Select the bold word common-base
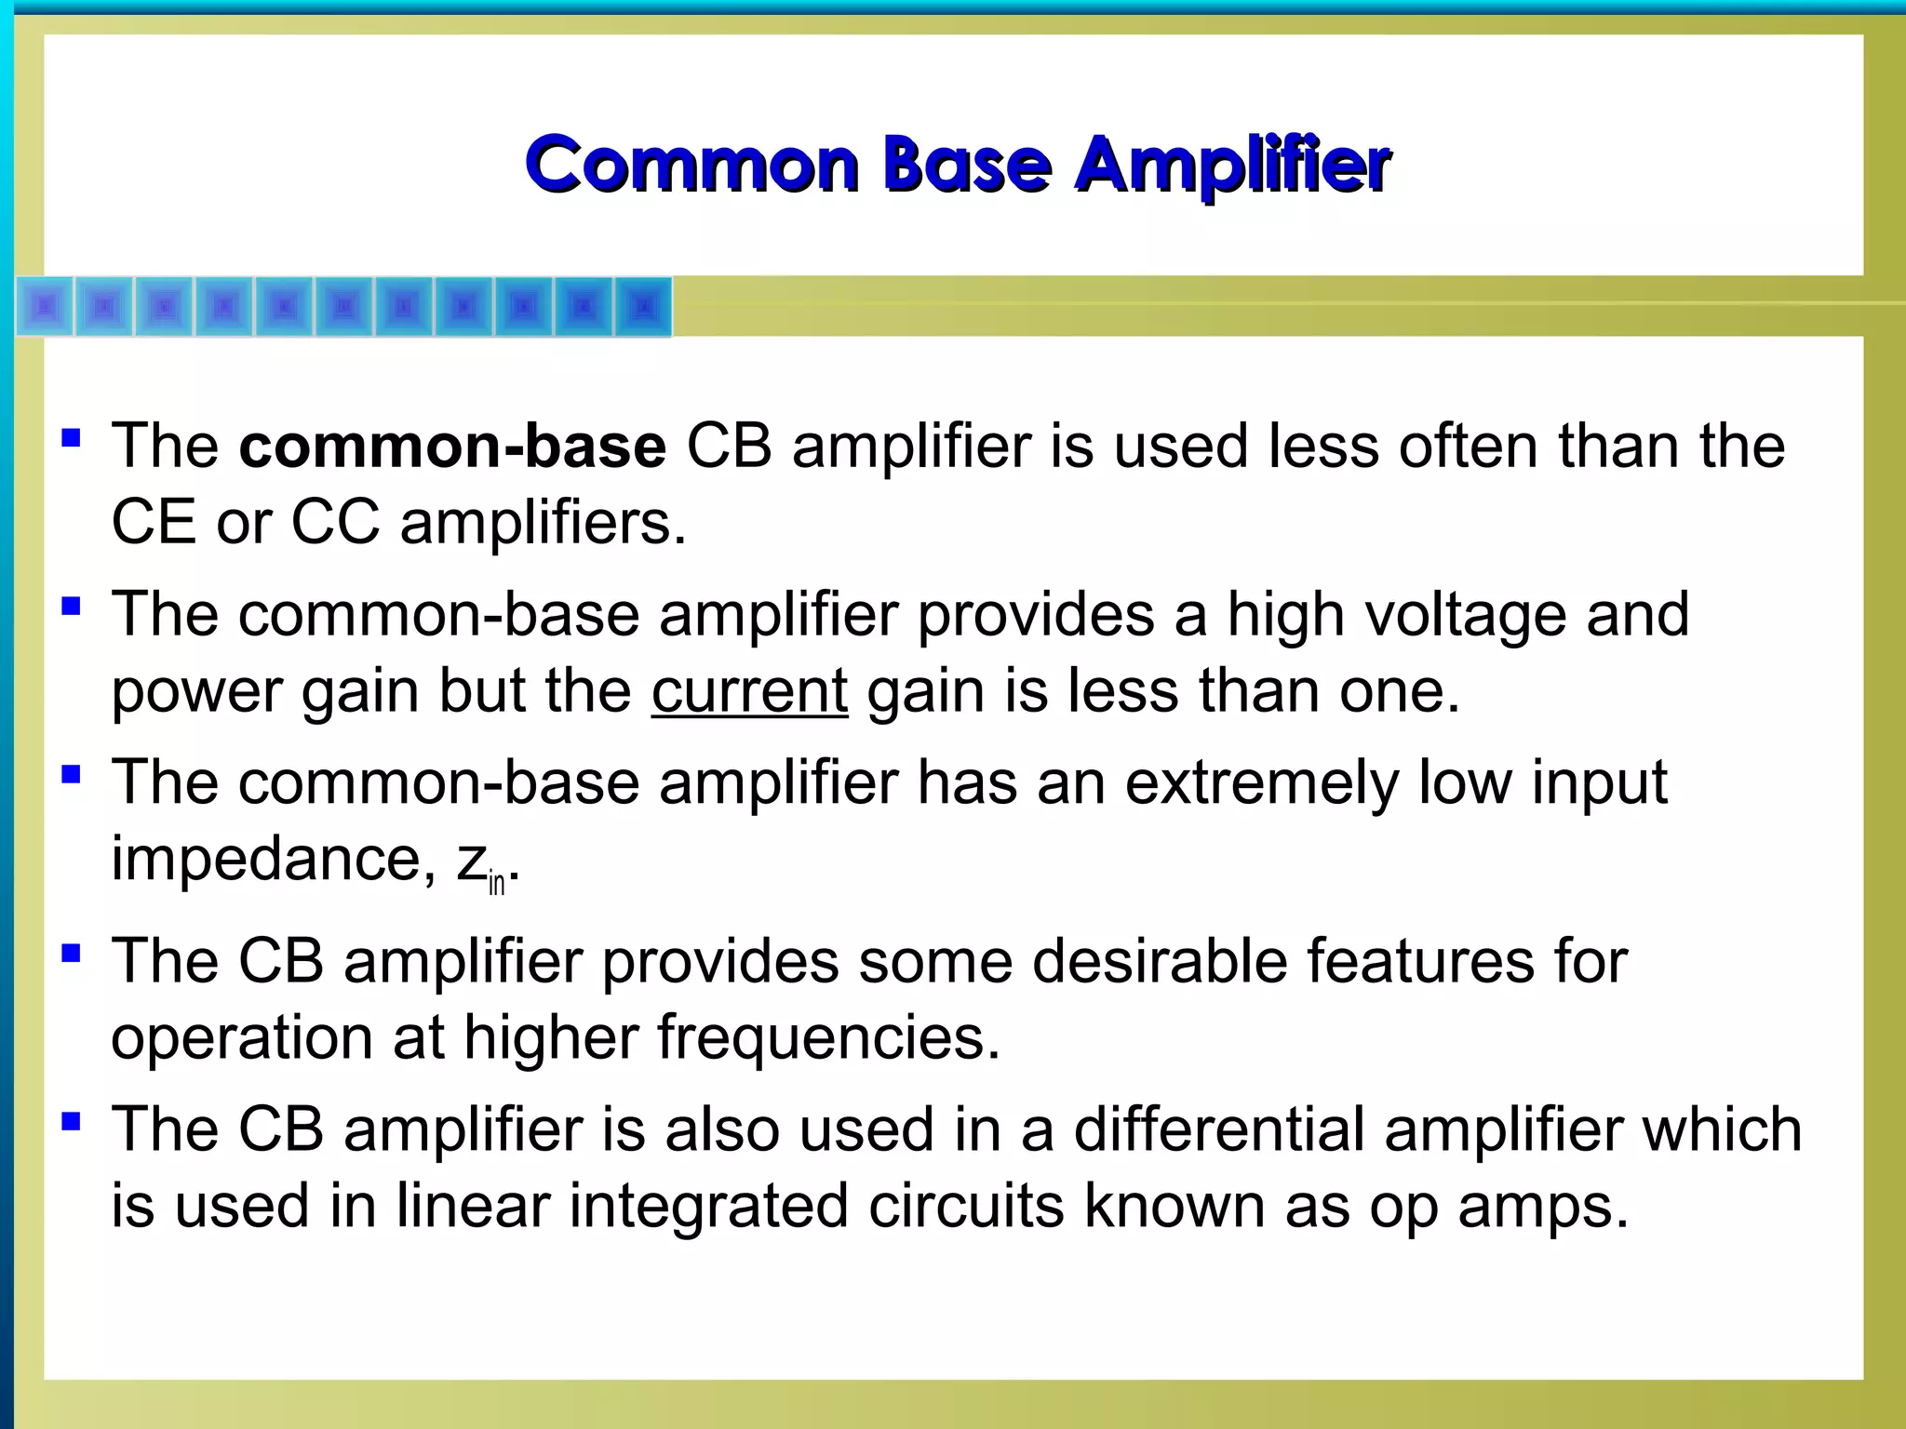[452, 447]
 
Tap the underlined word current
[749, 692]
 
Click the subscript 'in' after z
[496, 882]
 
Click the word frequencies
[828, 1038]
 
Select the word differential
[1218, 1130]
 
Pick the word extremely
[1261, 783]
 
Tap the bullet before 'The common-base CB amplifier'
[71, 437]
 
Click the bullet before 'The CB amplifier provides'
[71, 953]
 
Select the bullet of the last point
[71, 1121]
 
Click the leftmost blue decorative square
[45, 306]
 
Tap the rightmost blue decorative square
[642, 306]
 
